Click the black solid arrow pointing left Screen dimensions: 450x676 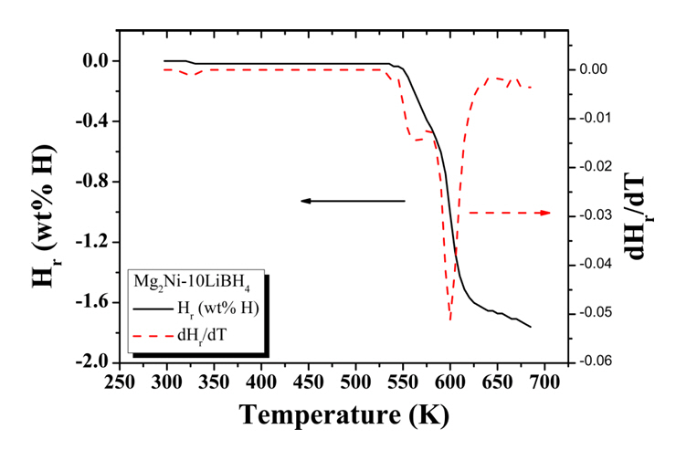click(x=352, y=200)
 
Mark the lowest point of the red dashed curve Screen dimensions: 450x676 click(x=450, y=319)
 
